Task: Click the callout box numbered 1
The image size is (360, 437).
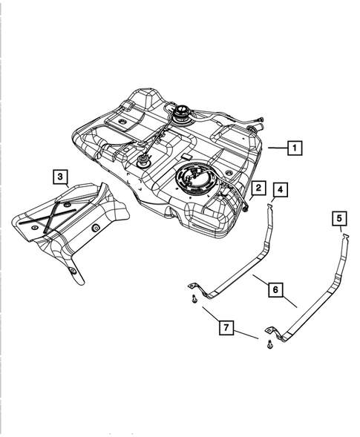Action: (x=295, y=148)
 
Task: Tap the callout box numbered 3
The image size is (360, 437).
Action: (x=60, y=177)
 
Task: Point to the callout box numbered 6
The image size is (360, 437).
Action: (x=274, y=292)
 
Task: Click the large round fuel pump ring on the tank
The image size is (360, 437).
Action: (x=193, y=181)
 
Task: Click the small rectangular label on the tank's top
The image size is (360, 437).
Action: (x=184, y=158)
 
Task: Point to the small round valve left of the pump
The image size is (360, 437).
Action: (x=140, y=160)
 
